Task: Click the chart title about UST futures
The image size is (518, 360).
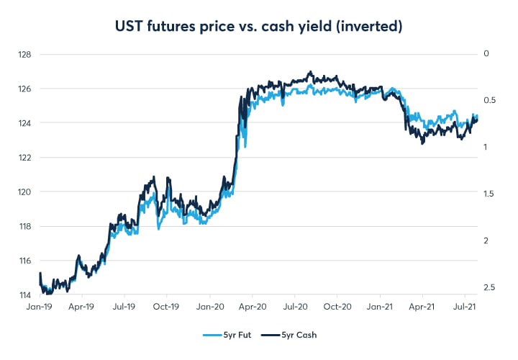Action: (258, 27)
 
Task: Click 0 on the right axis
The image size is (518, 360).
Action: (486, 54)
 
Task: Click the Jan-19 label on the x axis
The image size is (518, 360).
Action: (39, 306)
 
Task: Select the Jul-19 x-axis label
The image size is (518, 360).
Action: (124, 306)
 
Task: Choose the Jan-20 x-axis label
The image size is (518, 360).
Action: (209, 306)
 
